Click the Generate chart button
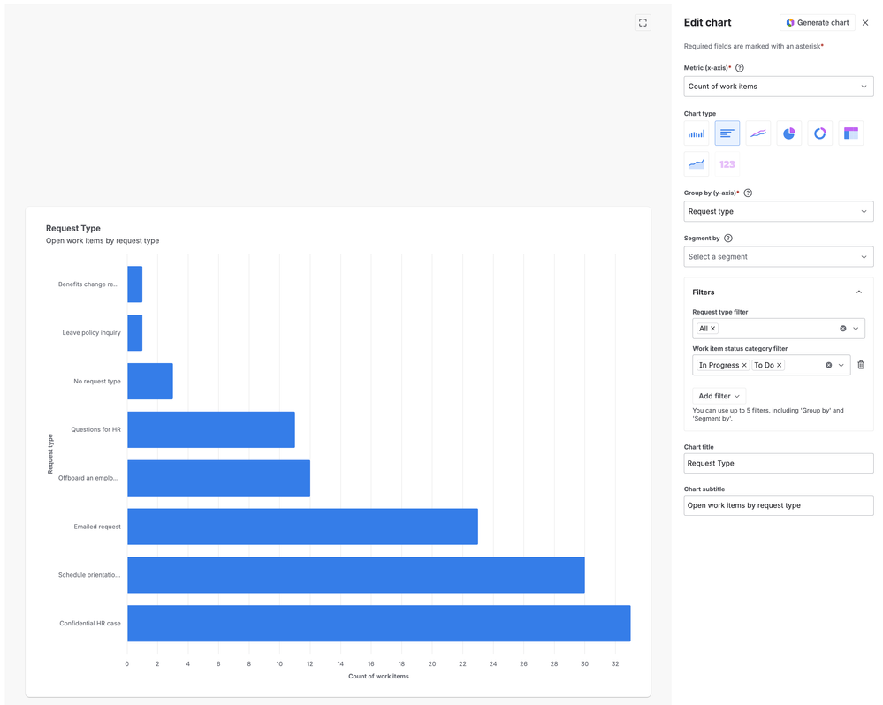(817, 22)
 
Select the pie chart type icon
(789, 133)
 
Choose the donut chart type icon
(820, 133)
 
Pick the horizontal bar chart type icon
(727, 133)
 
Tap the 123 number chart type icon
(727, 164)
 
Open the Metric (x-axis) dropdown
(778, 87)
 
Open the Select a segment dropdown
(778, 256)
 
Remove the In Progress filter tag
(744, 365)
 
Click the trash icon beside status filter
(861, 365)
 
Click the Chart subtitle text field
(778, 505)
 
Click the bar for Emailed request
(302, 527)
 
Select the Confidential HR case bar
(379, 624)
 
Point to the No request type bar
(149, 381)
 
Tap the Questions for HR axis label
(95, 429)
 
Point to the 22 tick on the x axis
(462, 664)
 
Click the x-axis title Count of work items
(378, 677)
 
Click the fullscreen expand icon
(643, 22)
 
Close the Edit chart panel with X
(865, 22)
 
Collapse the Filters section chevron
(859, 292)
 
